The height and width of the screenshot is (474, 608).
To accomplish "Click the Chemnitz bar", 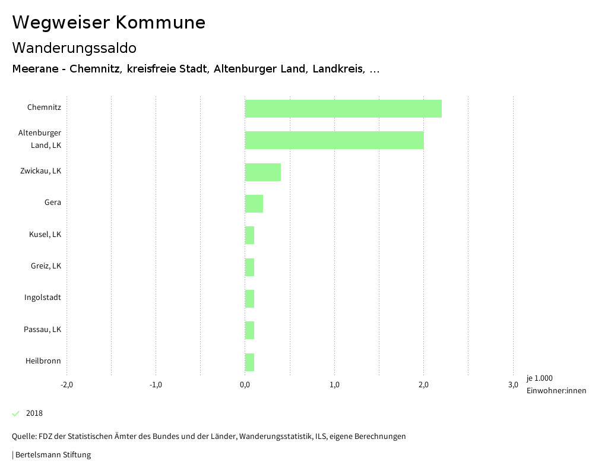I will [343, 109].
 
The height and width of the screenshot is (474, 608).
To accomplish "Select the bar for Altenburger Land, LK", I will [334, 140].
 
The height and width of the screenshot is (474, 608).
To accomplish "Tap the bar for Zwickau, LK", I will [263, 172].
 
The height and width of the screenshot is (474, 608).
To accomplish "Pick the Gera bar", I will [254, 204].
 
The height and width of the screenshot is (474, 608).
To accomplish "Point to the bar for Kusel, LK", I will [250, 235].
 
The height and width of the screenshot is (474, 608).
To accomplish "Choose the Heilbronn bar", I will [250, 362].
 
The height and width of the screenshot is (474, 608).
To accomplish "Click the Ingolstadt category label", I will [43, 298].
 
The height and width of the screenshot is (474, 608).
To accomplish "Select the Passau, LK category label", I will [43, 330].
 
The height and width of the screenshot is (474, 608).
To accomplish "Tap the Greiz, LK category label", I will [46, 266].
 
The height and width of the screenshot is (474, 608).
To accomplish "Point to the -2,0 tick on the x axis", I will [67, 385].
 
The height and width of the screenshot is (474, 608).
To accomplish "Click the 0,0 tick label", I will [245, 385].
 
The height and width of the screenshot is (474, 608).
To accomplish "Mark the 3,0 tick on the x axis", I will [513, 385].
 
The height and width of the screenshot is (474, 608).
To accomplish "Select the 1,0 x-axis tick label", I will [334, 385].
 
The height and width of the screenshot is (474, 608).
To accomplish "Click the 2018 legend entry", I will [34, 413].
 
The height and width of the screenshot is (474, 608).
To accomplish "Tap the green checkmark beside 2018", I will [16, 413].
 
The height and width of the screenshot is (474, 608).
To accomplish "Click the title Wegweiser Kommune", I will [109, 23].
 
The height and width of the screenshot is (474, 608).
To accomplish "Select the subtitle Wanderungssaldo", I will [74, 48].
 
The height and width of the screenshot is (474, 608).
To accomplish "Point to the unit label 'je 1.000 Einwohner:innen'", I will [556, 384].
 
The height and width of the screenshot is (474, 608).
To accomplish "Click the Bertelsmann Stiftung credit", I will [52, 455].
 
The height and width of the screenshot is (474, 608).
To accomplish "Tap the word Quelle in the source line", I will [24, 437].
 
